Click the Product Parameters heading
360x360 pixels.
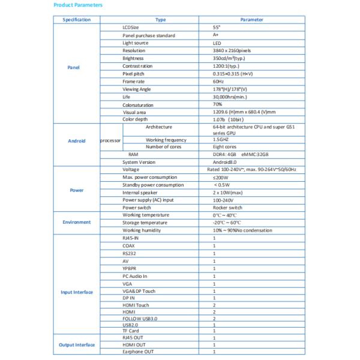click(x=78, y=5)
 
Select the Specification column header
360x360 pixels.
click(x=76, y=20)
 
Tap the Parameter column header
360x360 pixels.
click(x=251, y=20)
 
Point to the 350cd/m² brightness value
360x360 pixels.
click(x=229, y=59)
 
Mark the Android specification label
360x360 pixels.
click(x=76, y=141)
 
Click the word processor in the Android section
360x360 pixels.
click(x=110, y=141)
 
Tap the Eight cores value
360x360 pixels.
click(x=224, y=147)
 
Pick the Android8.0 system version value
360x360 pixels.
click(x=226, y=163)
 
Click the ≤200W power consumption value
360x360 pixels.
click(x=221, y=178)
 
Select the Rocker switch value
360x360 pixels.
click(x=227, y=208)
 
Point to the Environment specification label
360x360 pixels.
click(x=76, y=223)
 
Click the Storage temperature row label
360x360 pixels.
click(x=145, y=223)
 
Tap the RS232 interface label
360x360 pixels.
click(x=130, y=253)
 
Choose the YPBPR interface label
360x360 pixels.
click(x=130, y=268)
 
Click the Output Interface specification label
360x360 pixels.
click(x=76, y=345)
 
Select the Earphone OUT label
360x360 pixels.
click(x=138, y=352)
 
